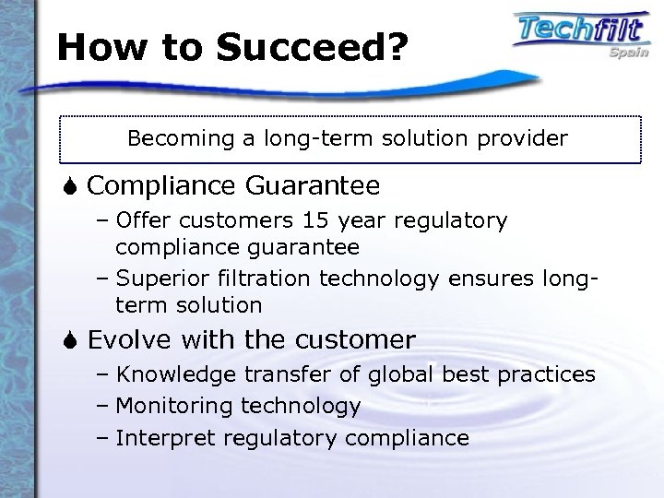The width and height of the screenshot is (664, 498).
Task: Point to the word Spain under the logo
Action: (625, 53)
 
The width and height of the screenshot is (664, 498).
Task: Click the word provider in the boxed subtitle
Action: (523, 139)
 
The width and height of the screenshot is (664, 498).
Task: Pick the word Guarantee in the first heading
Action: (313, 186)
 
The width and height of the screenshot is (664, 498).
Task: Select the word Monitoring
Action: (175, 406)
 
